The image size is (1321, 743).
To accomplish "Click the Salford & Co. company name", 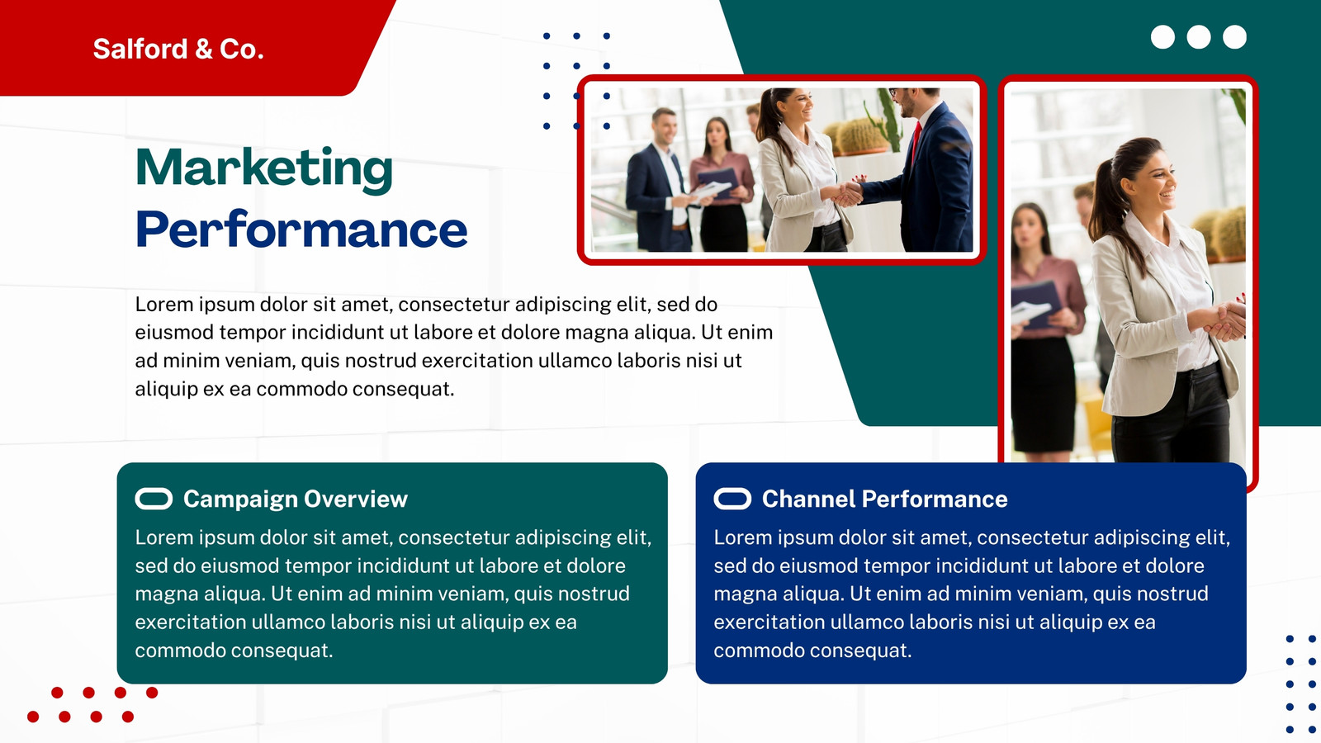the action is [x=178, y=49].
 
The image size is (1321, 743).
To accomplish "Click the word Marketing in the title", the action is [x=263, y=169].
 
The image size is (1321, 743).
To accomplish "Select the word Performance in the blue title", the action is [x=301, y=230].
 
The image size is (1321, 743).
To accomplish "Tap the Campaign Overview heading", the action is [x=296, y=499].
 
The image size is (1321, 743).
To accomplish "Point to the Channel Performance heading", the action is [x=884, y=499].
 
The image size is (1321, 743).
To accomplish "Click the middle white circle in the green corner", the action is [x=1198, y=37].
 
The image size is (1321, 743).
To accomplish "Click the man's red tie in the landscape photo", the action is [x=916, y=141].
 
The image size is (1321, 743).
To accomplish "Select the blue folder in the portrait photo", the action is [x=1036, y=305].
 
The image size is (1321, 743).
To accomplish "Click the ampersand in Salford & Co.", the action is [x=203, y=49].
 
